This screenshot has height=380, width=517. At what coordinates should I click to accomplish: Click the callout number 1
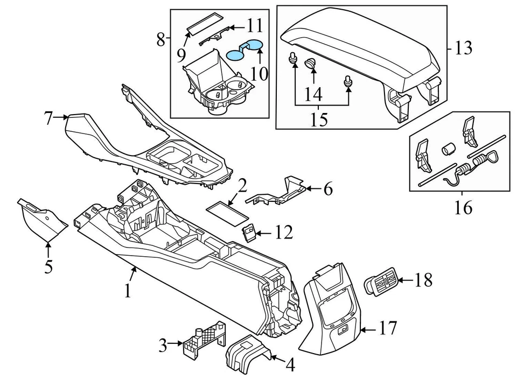[x=127, y=291]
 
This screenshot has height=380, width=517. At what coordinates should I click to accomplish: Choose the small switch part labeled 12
[x=249, y=232]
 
